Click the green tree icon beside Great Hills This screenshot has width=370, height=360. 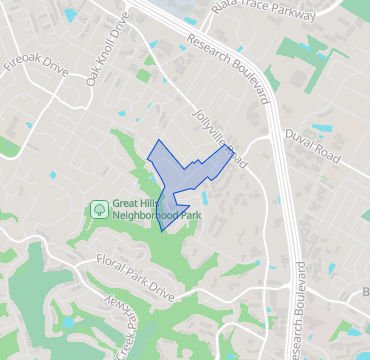pyautogui.click(x=99, y=209)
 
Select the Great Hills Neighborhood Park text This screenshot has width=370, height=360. pyautogui.click(x=157, y=209)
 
